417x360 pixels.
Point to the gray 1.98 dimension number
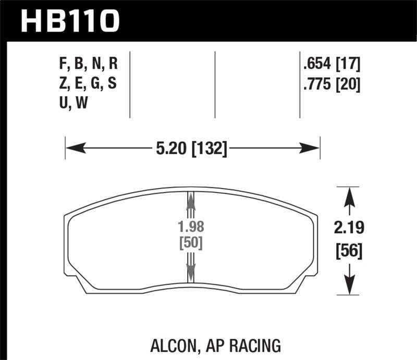click(x=191, y=228)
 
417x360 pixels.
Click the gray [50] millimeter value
click(x=191, y=243)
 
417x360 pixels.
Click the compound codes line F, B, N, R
click(x=89, y=65)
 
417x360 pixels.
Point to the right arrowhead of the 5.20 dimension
click(x=311, y=149)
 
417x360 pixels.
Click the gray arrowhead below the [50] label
click(x=191, y=269)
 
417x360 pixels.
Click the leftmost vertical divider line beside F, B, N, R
click(x=129, y=83)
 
